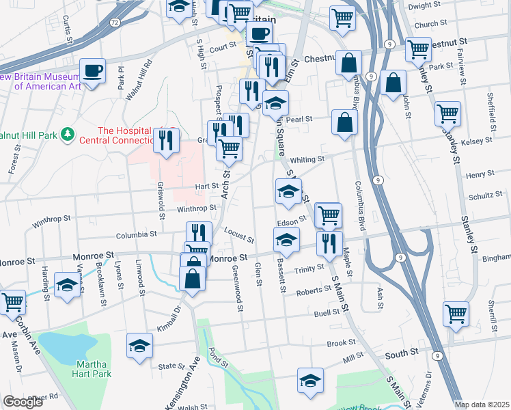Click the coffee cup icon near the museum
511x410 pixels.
point(92,70)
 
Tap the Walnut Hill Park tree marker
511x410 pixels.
point(67,135)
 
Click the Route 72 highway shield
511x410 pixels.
point(115,23)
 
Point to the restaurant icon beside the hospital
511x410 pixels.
point(167,139)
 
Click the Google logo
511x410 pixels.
point(23,402)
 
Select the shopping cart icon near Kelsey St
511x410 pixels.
point(447,113)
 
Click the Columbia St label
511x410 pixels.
point(136,234)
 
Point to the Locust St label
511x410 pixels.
point(240,236)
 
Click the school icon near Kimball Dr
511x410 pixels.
point(139,346)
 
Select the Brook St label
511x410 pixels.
point(341,343)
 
